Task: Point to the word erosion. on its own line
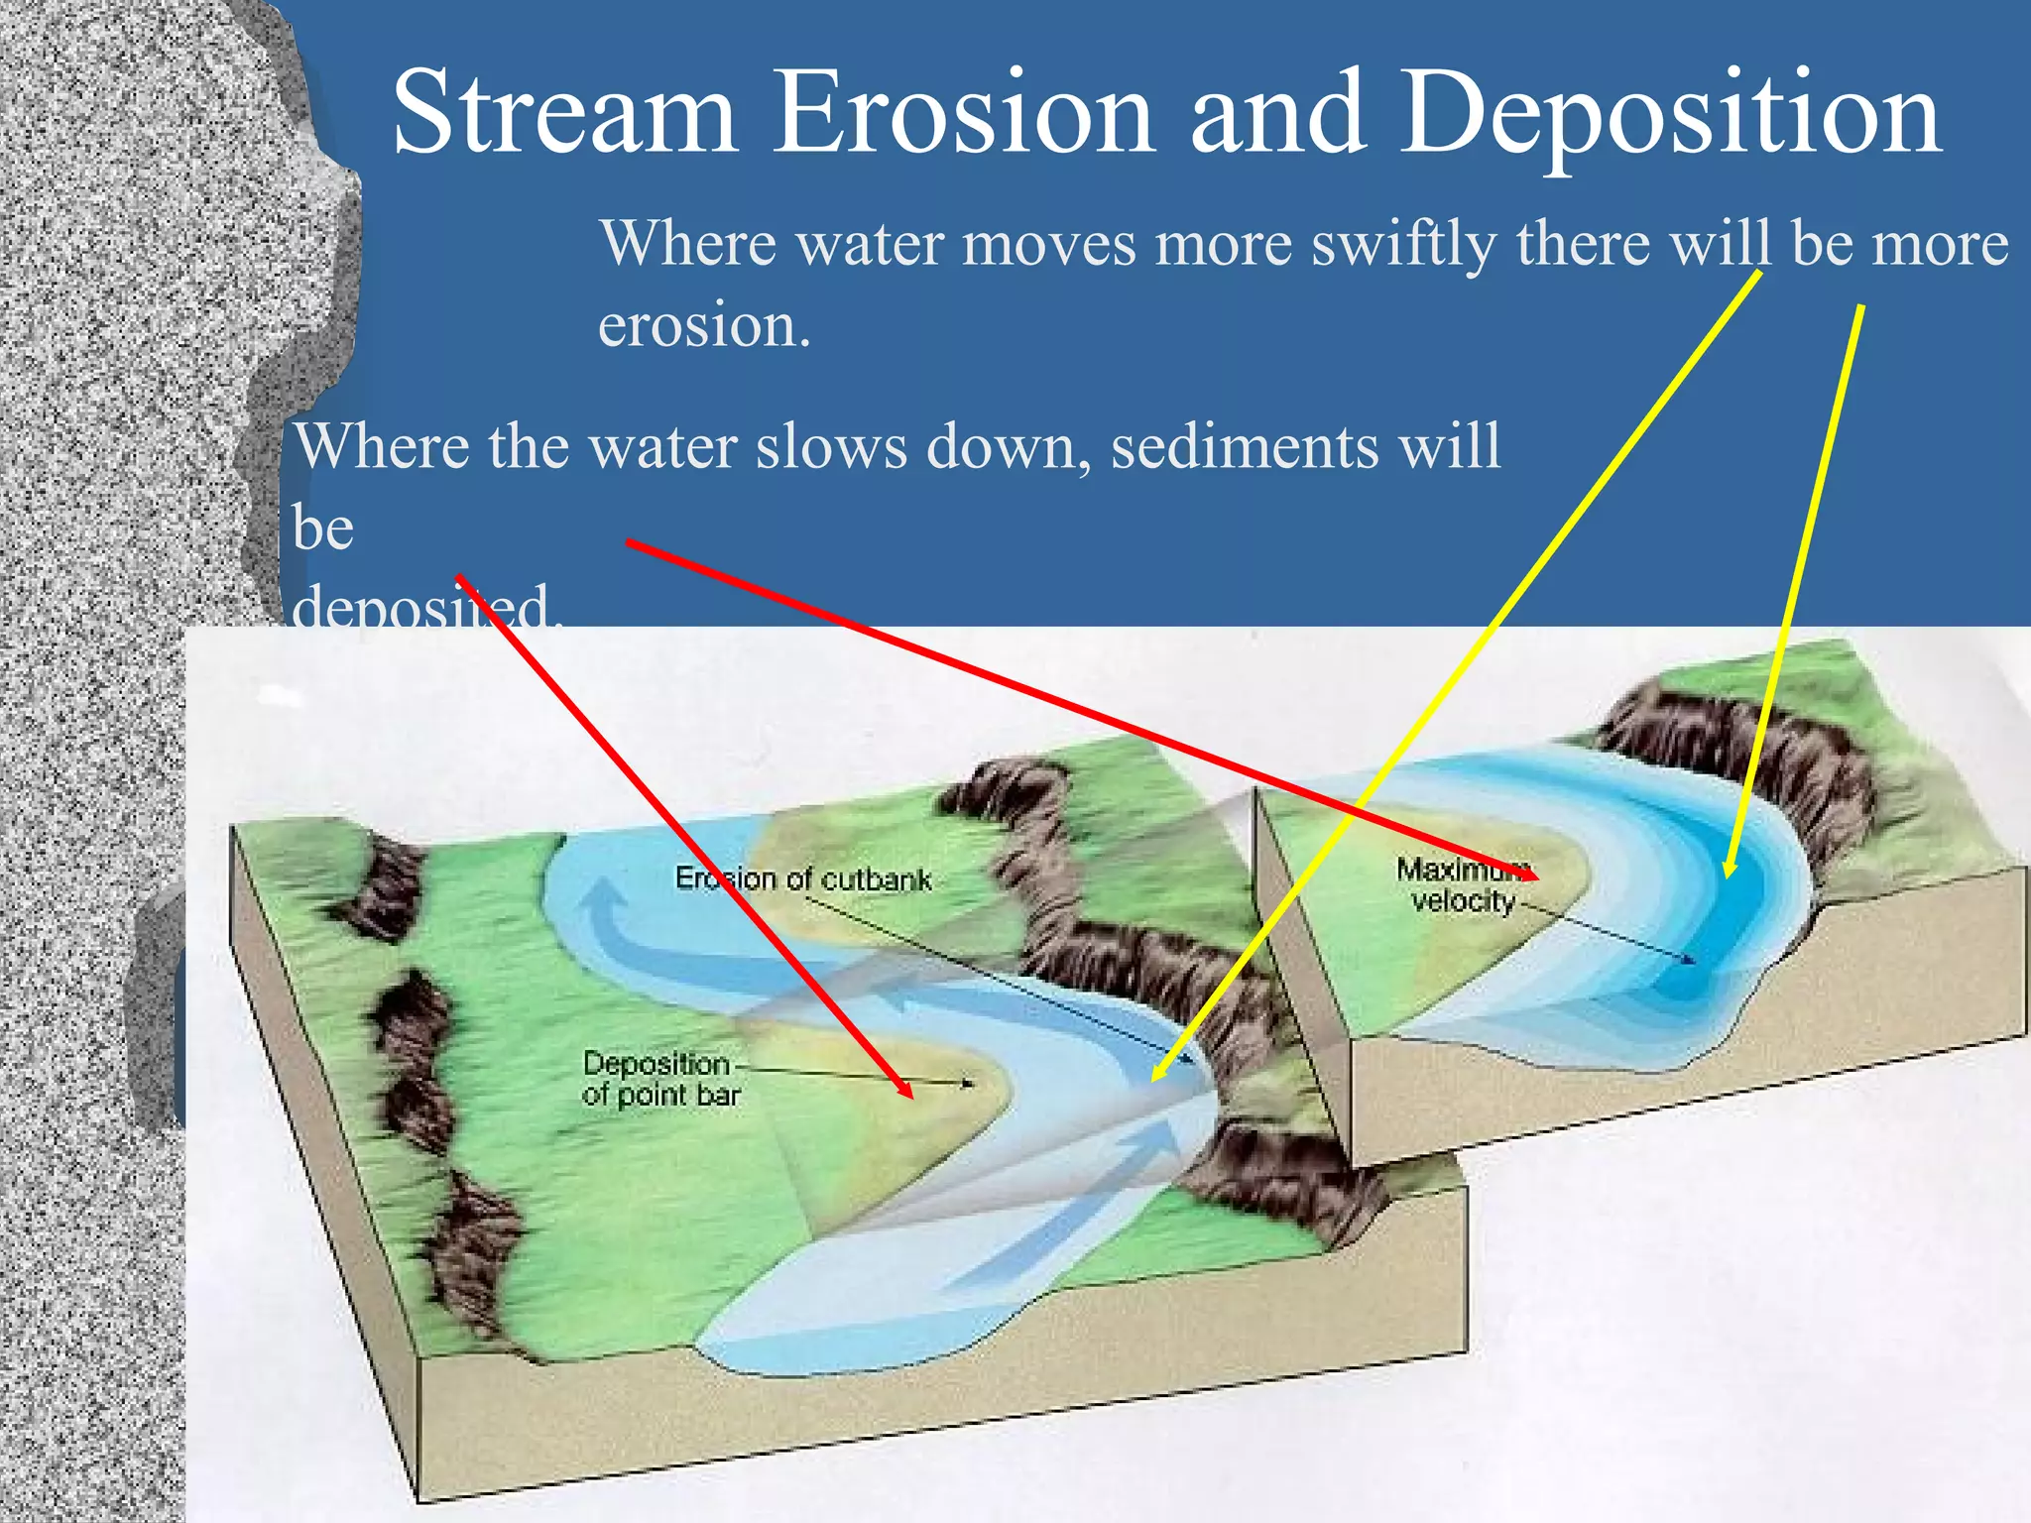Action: (x=704, y=325)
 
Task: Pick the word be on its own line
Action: (x=322, y=527)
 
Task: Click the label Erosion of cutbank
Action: (x=803, y=879)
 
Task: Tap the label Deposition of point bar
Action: (x=660, y=1079)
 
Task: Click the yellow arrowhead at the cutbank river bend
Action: (x=1156, y=1076)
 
